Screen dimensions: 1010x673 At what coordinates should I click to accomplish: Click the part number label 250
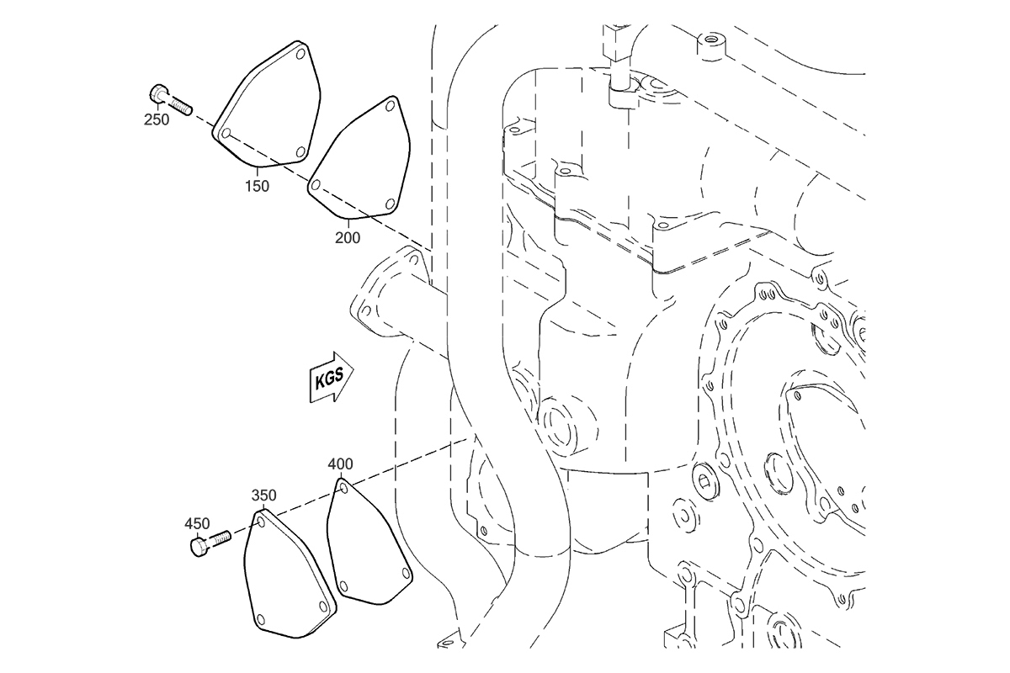[157, 120]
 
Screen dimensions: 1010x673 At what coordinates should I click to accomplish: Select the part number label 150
[257, 186]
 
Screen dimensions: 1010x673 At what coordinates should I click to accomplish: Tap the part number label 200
[348, 237]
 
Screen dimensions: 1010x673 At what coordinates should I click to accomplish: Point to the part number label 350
[263, 495]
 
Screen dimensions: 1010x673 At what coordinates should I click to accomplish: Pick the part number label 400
[340, 464]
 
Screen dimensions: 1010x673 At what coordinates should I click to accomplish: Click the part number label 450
[197, 523]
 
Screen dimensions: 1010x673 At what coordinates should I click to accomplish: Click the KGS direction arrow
[332, 377]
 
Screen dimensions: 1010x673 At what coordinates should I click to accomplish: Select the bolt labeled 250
[170, 99]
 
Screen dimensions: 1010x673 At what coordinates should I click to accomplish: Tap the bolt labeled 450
[210, 543]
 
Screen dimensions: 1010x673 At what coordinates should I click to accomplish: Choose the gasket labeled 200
[359, 157]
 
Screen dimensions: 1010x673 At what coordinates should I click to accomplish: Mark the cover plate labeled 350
[290, 574]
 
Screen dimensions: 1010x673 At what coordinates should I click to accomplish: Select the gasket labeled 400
[369, 542]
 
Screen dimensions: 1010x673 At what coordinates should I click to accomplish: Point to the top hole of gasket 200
[391, 106]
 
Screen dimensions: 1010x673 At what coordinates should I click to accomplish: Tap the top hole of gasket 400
[343, 488]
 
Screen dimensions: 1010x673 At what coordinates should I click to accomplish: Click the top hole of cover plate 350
[261, 522]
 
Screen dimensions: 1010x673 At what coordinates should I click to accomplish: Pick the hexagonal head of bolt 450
[199, 548]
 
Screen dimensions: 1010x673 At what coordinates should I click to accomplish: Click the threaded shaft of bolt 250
[181, 106]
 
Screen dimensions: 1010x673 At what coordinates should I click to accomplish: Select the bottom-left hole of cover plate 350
[259, 618]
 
